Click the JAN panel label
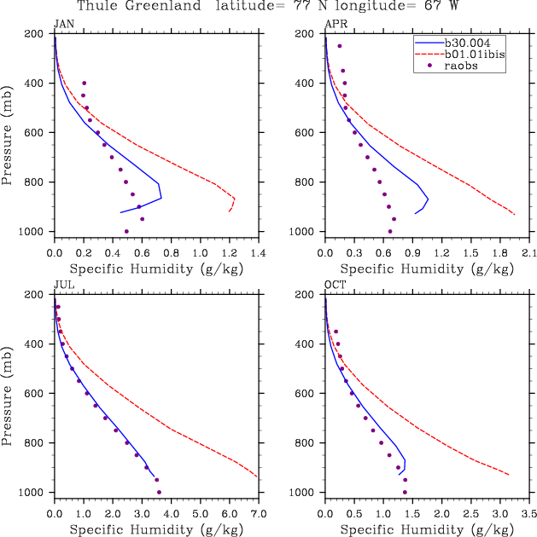(x=63, y=24)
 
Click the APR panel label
(x=335, y=24)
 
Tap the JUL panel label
(x=62, y=285)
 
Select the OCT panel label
(x=335, y=285)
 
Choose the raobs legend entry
(x=461, y=66)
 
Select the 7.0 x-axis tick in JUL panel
(x=259, y=515)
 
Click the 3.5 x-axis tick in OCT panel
(x=529, y=515)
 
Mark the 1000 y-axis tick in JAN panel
(x=35, y=232)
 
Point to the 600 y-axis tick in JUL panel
(x=38, y=394)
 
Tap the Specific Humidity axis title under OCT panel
(x=427, y=529)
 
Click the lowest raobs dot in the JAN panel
(x=126, y=231)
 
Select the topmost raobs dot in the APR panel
(x=339, y=46)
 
